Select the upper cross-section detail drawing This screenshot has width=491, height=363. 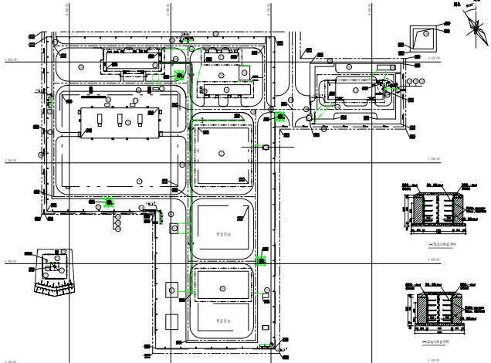(x=439, y=209)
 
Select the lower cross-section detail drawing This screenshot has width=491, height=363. (x=439, y=310)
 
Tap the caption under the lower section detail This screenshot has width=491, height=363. (x=438, y=341)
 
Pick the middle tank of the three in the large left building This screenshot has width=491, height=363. (x=120, y=120)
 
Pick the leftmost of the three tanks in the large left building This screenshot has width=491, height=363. (x=100, y=120)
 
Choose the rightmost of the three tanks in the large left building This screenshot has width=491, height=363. (x=140, y=120)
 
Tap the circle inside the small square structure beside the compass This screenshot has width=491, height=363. (x=424, y=34)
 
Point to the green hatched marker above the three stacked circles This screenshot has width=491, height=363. (x=109, y=202)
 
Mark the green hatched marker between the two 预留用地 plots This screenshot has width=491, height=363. (x=261, y=261)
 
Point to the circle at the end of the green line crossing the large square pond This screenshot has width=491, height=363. (x=266, y=146)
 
